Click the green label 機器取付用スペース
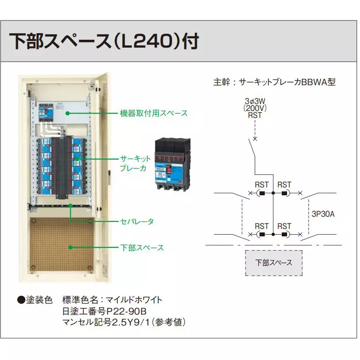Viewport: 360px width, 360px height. tap(154, 113)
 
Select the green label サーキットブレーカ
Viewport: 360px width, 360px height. tap(135, 163)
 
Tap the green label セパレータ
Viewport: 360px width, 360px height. tap(137, 222)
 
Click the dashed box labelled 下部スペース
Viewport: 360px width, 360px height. tap(273, 263)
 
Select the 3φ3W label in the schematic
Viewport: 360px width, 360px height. tap(254, 100)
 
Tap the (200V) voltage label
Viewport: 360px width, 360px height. tap(254, 108)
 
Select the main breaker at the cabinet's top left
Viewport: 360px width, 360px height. tap(44, 112)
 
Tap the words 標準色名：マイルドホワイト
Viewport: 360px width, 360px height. tap(112, 300)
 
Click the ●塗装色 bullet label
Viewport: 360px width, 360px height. tap(35, 300)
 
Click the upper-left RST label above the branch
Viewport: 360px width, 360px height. tap(262, 185)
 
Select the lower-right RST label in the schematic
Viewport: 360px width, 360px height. tap(284, 226)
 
